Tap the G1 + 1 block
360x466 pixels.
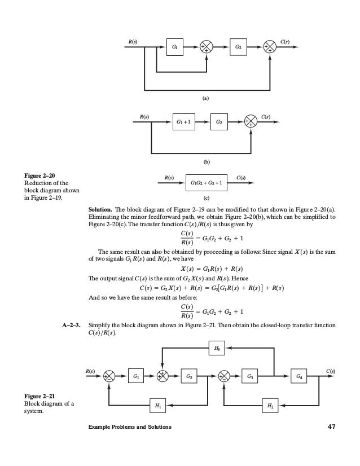[x=183, y=122]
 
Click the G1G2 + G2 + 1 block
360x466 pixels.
[x=206, y=183]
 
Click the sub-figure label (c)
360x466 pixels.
[x=205, y=198]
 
